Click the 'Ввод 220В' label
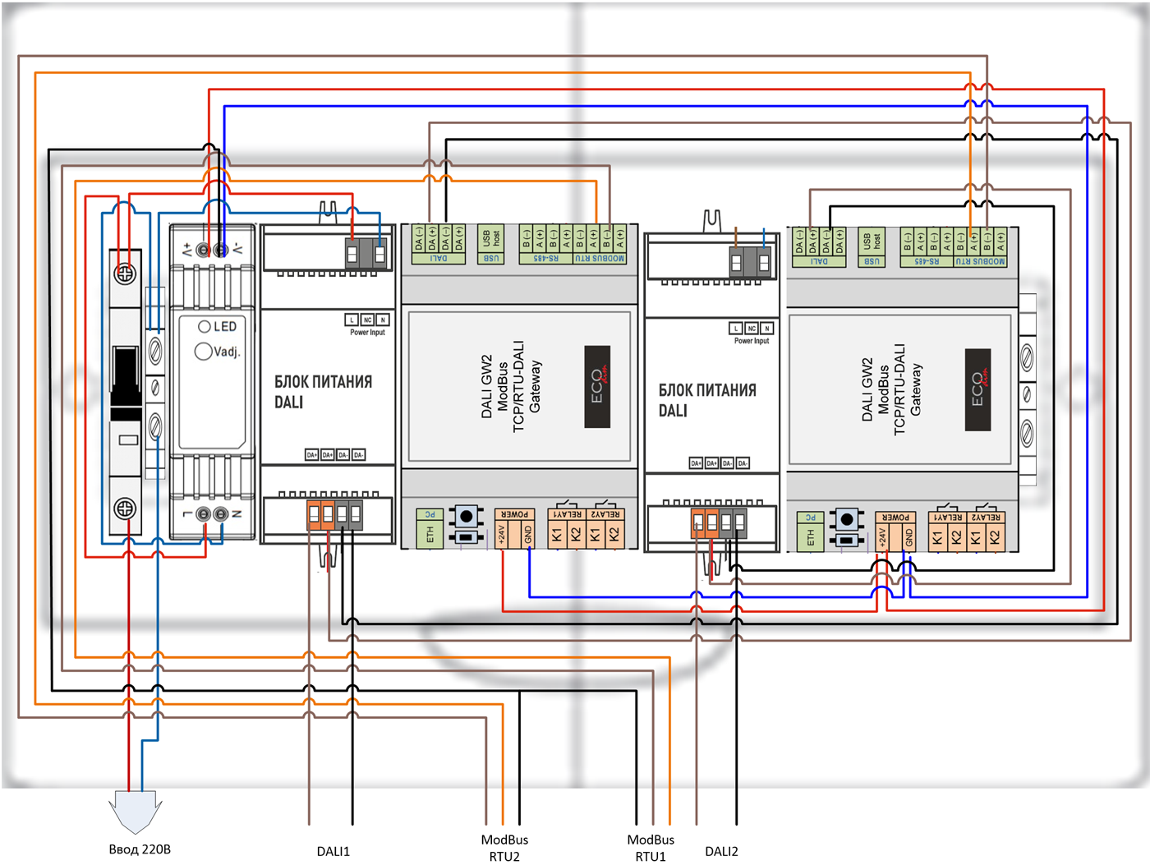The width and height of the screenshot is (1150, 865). (x=140, y=849)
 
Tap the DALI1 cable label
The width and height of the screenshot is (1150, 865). (x=333, y=851)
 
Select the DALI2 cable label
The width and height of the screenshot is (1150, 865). (x=721, y=851)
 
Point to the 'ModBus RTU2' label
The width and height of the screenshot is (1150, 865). (x=504, y=848)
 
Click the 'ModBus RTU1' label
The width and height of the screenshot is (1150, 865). (x=651, y=848)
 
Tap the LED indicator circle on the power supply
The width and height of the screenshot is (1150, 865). (x=205, y=326)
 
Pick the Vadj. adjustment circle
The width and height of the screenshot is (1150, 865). (x=203, y=352)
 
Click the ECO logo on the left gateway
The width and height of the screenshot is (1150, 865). (x=597, y=386)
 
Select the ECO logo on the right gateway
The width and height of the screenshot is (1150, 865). (x=977, y=389)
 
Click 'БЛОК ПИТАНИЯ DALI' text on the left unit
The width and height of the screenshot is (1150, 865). (x=323, y=392)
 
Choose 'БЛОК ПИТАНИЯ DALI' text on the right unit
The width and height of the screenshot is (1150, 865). (x=706, y=400)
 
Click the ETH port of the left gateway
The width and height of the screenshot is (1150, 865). (x=430, y=534)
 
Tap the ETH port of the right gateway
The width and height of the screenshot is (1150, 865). (x=810, y=537)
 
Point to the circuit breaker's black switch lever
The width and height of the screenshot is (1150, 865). (x=126, y=375)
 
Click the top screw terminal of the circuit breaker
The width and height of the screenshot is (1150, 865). (x=125, y=274)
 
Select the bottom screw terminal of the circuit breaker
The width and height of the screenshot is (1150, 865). (x=125, y=508)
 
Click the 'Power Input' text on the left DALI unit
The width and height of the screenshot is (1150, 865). (x=367, y=333)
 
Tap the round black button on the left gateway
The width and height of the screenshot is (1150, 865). (x=467, y=516)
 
